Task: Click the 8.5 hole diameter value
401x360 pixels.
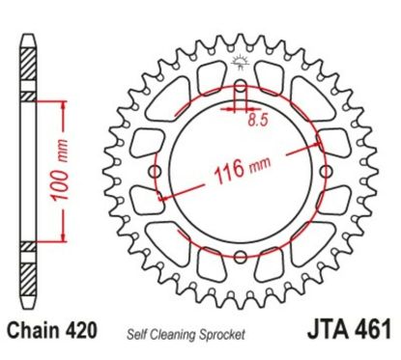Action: point(256,123)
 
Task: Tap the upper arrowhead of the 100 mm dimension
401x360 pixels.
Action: point(63,101)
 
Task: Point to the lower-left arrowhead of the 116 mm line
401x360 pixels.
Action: point(163,196)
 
